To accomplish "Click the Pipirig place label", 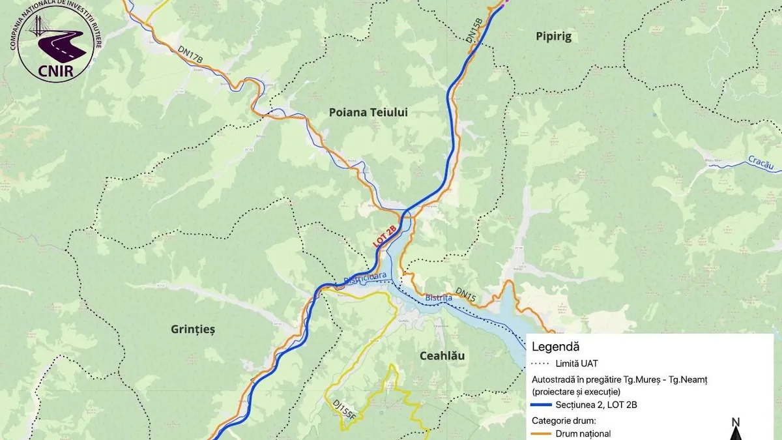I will point(553,37).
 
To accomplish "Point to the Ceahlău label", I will point(446,356).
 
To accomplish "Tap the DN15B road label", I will point(474,30).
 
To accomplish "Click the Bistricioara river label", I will point(365,278).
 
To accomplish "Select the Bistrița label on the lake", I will point(439,297).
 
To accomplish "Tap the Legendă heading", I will point(555,347).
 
